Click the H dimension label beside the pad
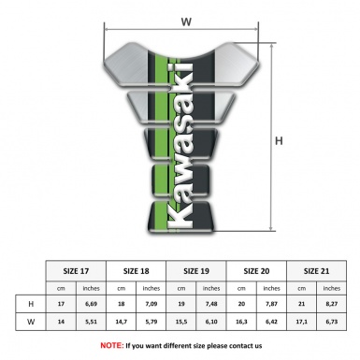(279, 140)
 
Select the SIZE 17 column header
(77, 270)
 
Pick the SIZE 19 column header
(197, 270)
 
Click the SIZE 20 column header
(257, 270)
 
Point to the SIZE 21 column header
(317, 270)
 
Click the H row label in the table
(31, 305)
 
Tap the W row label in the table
(31, 324)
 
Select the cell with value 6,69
(92, 305)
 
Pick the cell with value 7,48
(212, 305)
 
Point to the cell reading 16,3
(243, 324)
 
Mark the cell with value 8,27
(332, 305)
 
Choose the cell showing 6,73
(332, 324)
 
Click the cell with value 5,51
(92, 324)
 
